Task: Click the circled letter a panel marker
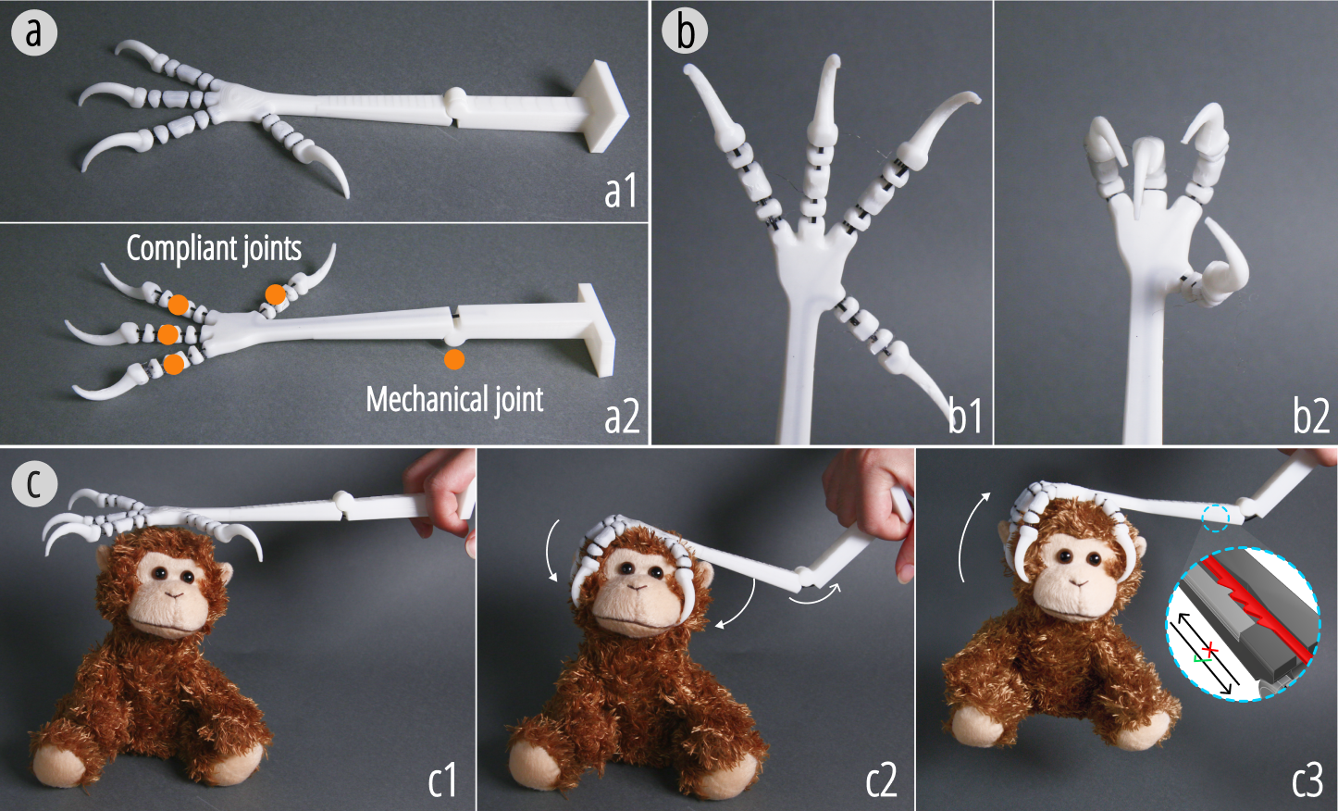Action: tap(34, 32)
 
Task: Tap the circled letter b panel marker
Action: tap(685, 32)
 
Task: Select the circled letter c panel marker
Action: tap(34, 484)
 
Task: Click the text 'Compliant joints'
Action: tap(214, 249)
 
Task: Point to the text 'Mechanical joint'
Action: tap(454, 399)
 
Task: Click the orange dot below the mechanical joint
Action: tap(454, 359)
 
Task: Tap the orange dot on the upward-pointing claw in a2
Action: tap(275, 294)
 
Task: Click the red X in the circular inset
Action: tap(1210, 648)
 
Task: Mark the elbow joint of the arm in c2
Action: tap(808, 578)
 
